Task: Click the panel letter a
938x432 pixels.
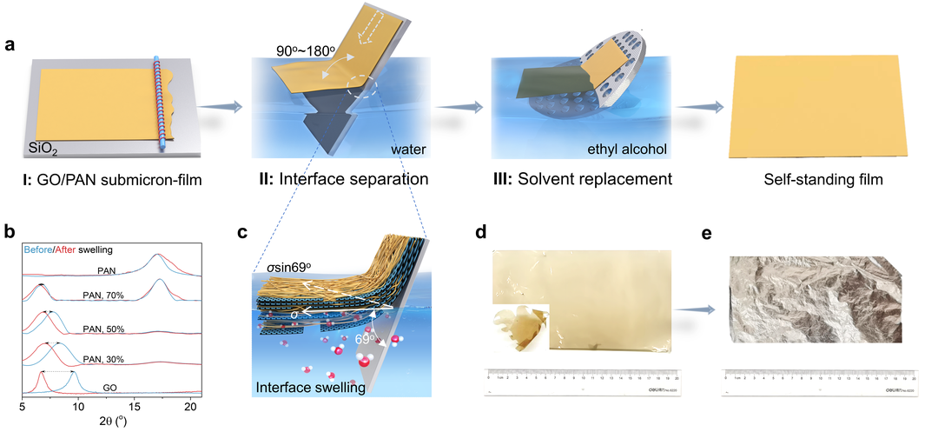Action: pyautogui.click(x=10, y=44)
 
